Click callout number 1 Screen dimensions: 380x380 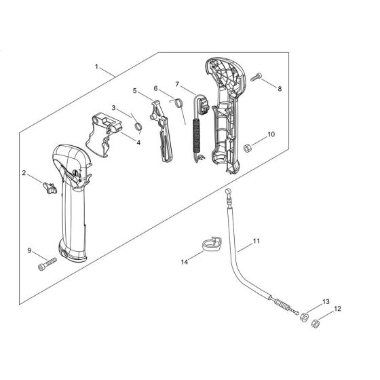pos(98,66)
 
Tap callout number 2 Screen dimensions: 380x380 pos(25,174)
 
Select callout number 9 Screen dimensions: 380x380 pos(30,251)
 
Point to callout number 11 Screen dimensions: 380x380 pos(256,241)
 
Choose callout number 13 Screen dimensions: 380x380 pos(326,301)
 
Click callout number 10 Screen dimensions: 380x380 pos(271,134)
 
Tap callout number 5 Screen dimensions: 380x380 pos(134,90)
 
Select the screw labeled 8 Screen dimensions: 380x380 pos(256,78)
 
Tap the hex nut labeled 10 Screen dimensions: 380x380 pos(248,145)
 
